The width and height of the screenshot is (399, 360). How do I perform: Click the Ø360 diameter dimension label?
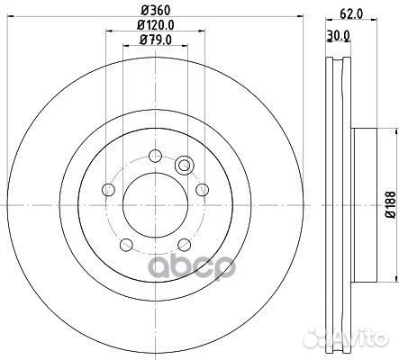(x=156, y=11)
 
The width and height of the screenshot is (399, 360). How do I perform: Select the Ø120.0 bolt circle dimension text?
(x=156, y=25)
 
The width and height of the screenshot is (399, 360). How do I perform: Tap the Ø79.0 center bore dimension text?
(x=156, y=40)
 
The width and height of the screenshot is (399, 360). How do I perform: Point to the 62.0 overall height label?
(x=352, y=13)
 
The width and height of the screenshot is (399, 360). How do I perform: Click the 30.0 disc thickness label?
(x=338, y=35)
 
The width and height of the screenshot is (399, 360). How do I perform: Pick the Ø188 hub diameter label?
(x=391, y=205)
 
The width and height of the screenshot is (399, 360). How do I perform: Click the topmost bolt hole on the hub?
(x=156, y=156)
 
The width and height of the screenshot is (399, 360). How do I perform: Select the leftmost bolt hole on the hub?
(x=109, y=190)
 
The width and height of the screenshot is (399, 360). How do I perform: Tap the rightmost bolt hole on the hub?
(x=202, y=190)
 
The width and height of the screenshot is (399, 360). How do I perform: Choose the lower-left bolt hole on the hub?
(x=126, y=245)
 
